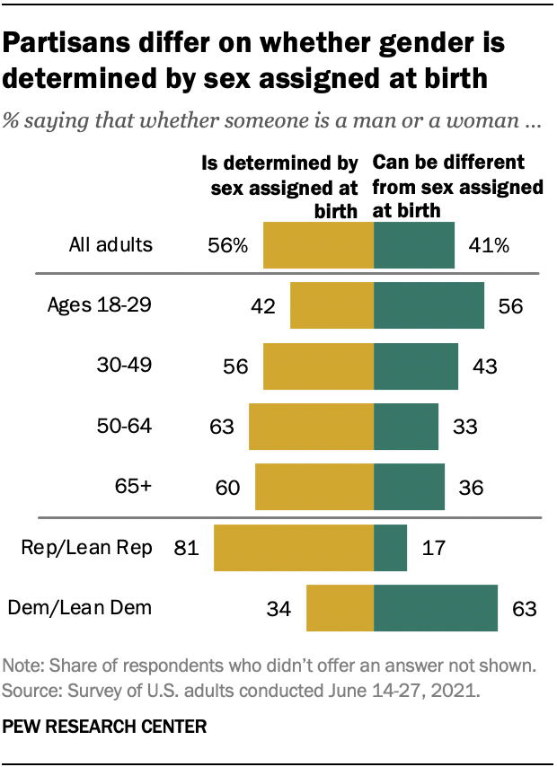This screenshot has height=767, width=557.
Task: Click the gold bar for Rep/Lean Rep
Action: tap(293, 548)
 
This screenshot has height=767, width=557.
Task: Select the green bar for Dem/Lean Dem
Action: tap(436, 608)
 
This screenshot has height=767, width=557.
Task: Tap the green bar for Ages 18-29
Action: tap(429, 305)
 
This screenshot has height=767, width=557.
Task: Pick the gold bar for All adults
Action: tap(318, 245)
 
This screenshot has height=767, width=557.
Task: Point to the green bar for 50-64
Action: tap(406, 427)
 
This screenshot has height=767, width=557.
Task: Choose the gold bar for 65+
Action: tap(314, 487)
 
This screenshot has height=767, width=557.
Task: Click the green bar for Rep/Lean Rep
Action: tap(390, 548)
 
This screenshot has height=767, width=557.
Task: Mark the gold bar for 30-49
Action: tap(318, 366)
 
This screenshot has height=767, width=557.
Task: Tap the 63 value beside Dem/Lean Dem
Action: tap(523, 609)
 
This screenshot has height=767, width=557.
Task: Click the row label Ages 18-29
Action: tap(99, 305)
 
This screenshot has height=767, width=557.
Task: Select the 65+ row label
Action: tap(132, 487)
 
